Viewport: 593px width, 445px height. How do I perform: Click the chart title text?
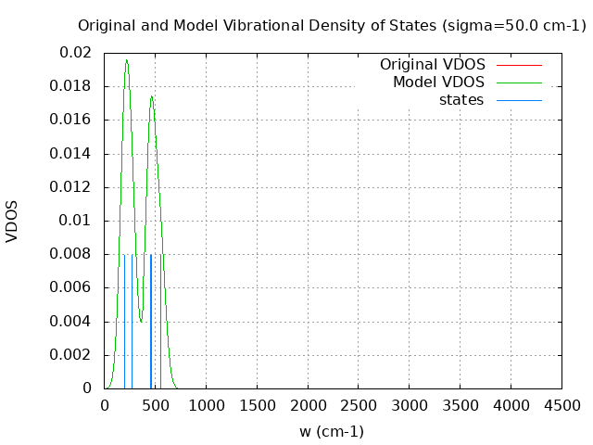(332, 26)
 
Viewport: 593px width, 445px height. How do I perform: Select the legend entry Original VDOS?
(432, 65)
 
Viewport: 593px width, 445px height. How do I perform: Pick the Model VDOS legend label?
(438, 83)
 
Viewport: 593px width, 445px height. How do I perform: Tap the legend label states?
(461, 100)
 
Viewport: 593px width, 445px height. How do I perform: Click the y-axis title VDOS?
(12, 221)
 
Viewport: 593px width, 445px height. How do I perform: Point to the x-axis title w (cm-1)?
(332, 431)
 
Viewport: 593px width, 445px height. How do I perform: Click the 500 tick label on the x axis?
(155, 406)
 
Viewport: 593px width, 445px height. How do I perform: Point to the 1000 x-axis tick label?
(206, 406)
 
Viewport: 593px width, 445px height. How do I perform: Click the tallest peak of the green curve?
(126, 60)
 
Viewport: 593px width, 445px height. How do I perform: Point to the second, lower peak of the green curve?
(151, 95)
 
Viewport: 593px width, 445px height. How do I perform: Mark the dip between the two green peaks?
(140, 322)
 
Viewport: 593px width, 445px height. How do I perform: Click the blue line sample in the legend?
(518, 100)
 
